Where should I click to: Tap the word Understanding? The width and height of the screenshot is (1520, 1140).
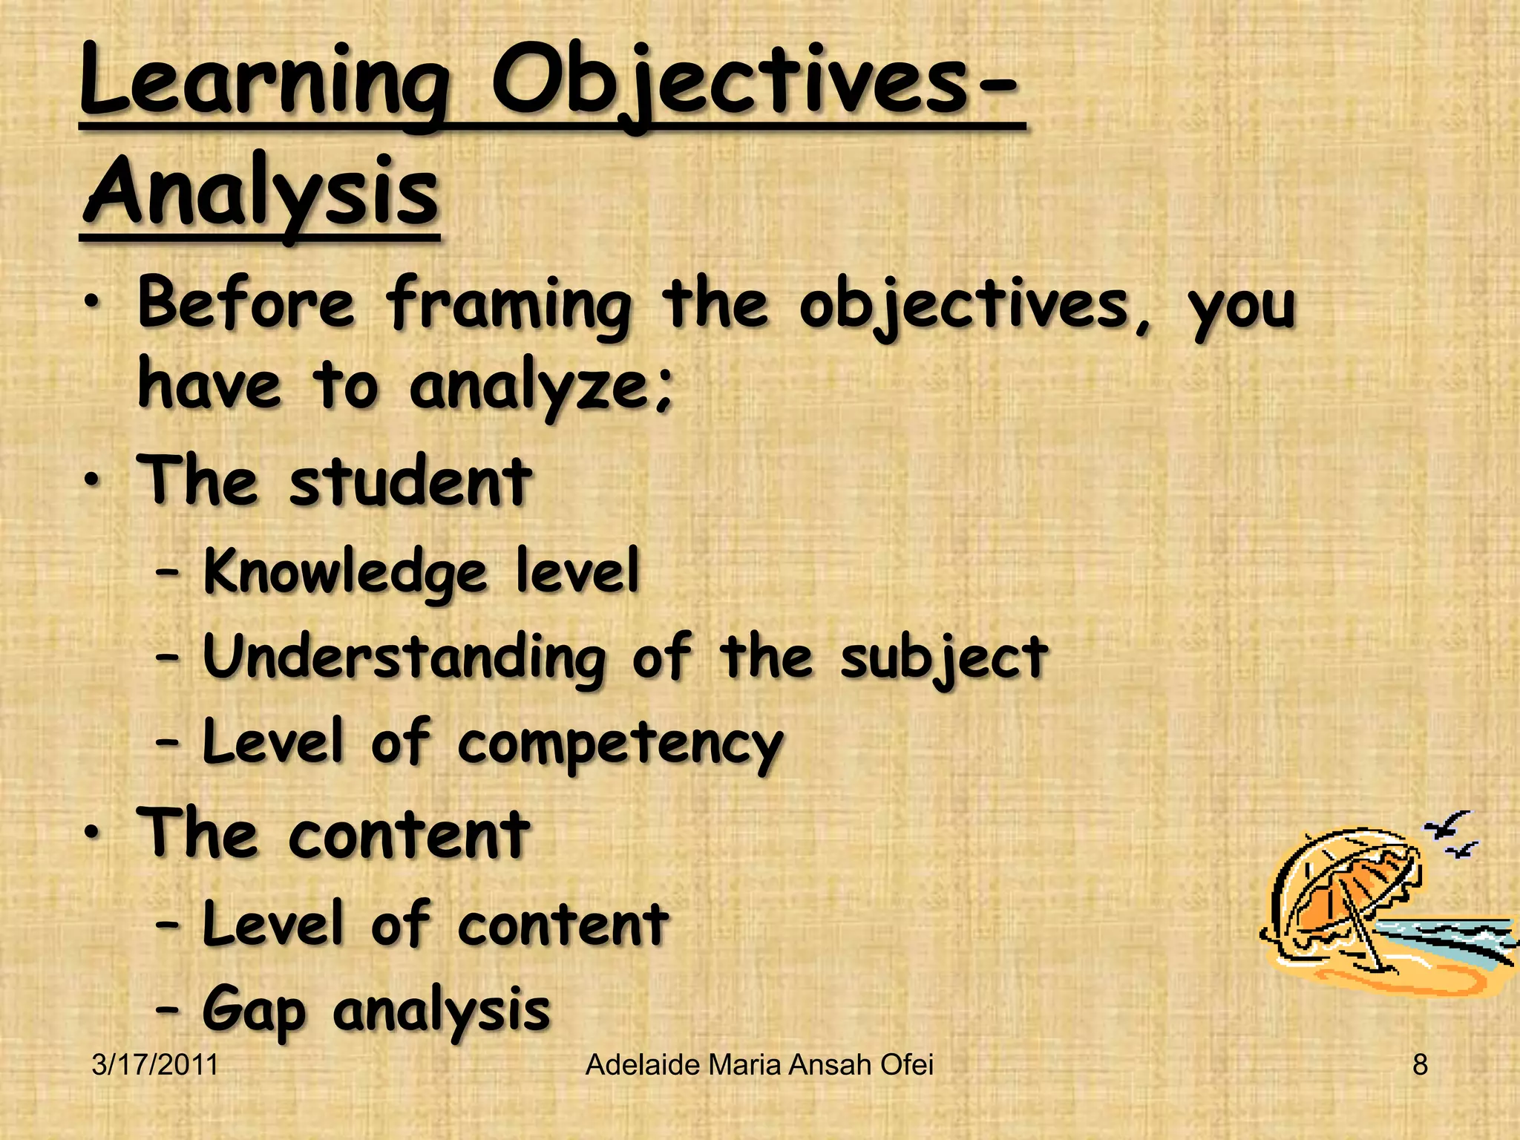(x=404, y=658)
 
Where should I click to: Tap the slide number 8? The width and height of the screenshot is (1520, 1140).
(x=1420, y=1065)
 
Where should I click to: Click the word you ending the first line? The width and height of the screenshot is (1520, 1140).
(x=1242, y=306)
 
